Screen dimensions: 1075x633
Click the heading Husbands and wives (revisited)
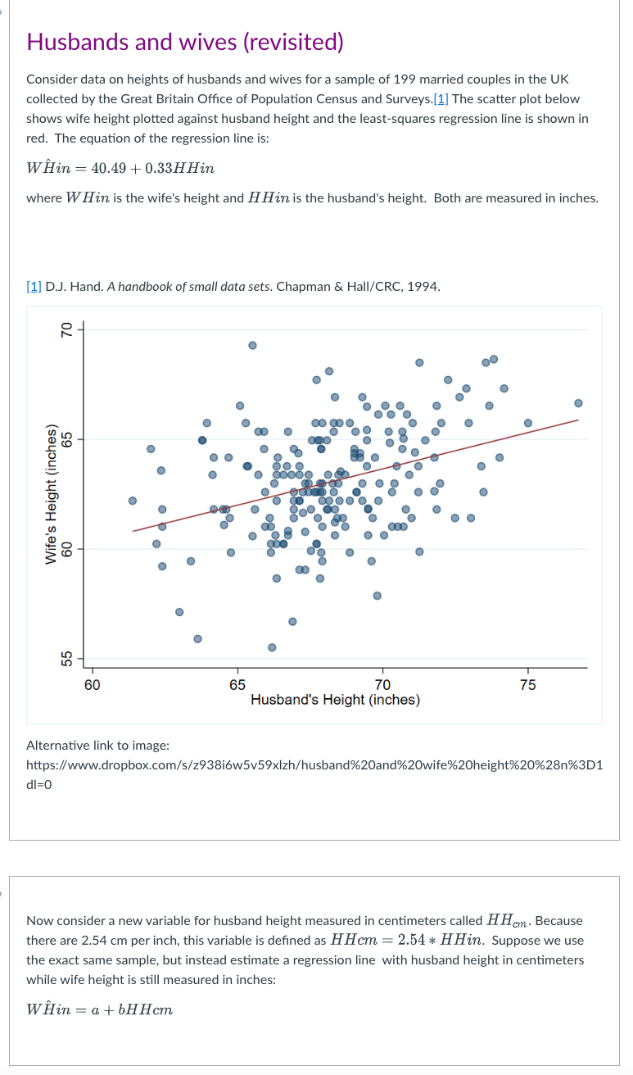coord(185,42)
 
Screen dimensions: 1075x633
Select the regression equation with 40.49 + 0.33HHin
coord(120,168)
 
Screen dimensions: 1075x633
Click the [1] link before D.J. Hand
coord(34,287)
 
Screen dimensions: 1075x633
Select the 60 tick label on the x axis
coord(92,684)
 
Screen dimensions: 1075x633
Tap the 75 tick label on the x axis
coord(527,684)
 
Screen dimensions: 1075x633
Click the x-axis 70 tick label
coord(382,684)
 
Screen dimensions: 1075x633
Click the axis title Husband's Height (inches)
coord(335,700)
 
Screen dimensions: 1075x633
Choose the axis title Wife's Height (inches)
coord(51,495)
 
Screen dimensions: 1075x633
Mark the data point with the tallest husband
coord(578,403)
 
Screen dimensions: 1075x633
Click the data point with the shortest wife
coord(272,647)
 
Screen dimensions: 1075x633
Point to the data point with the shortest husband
coord(133,500)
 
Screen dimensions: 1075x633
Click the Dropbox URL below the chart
coord(314,765)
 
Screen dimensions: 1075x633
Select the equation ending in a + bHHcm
coord(99,1009)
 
